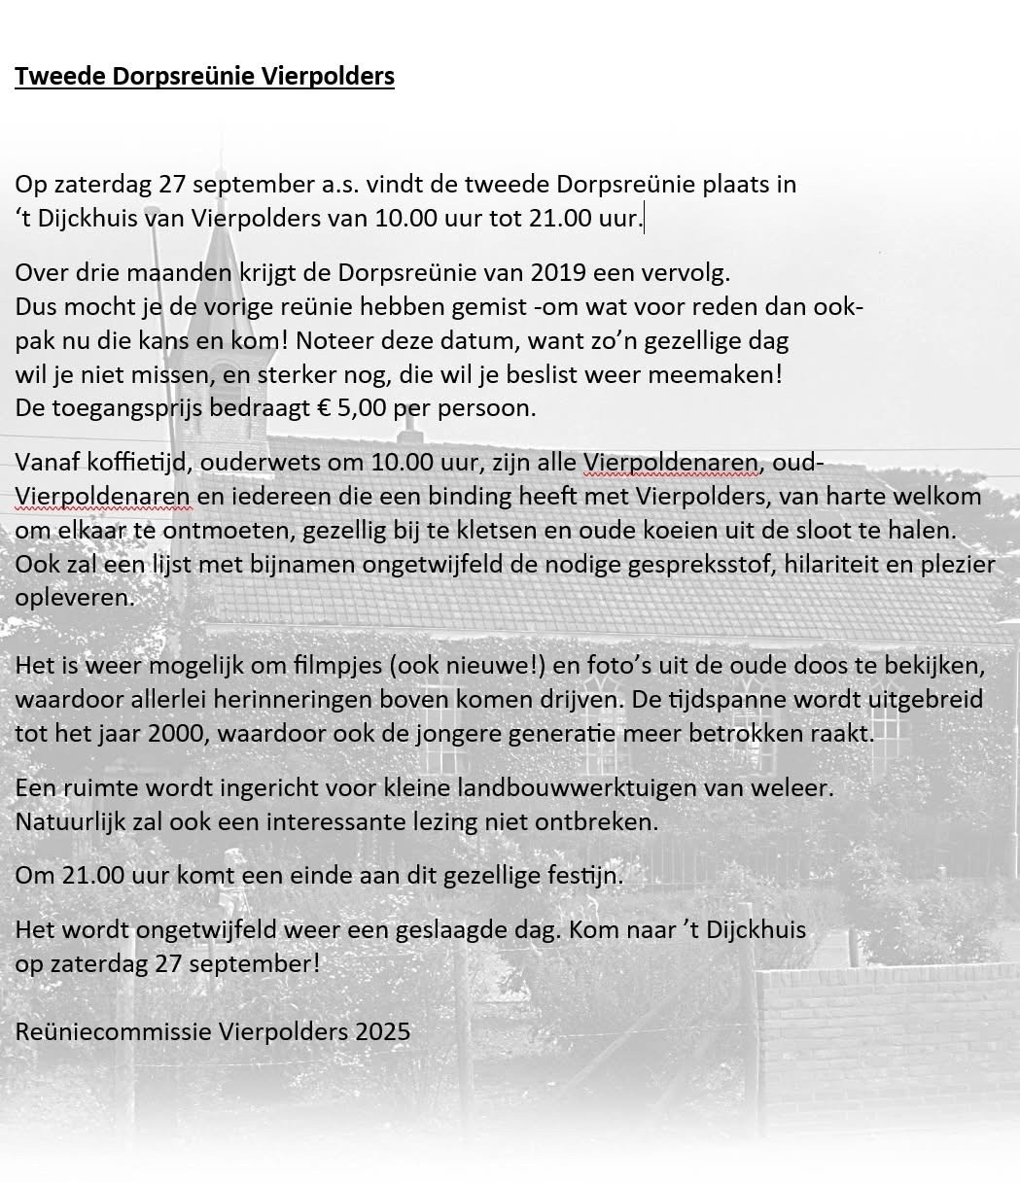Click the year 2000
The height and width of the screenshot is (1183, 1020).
point(176,733)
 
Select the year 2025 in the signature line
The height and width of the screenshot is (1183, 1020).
point(382,1031)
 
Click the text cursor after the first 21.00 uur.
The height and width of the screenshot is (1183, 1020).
point(644,218)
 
